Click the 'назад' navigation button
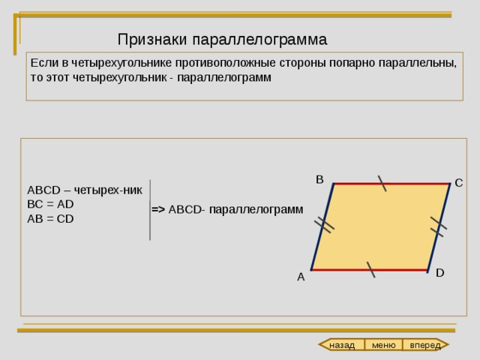coord(342,345)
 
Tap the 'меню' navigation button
coord(383,345)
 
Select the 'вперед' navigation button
coord(425,345)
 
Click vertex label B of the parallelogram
coord(319,180)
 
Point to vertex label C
coord(458,183)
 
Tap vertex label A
coord(301,277)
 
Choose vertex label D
coord(440,273)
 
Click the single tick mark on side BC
coord(382,183)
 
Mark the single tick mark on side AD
coord(370,270)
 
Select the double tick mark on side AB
coord(324,225)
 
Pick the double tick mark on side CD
coord(439,226)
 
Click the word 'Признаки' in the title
coord(152,40)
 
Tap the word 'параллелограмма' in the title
coord(260,40)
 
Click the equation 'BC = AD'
coord(50,204)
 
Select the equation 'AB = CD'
coord(50,219)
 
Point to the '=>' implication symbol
coord(158,210)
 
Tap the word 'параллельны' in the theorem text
coord(418,63)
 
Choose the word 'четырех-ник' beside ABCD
coord(108,190)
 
